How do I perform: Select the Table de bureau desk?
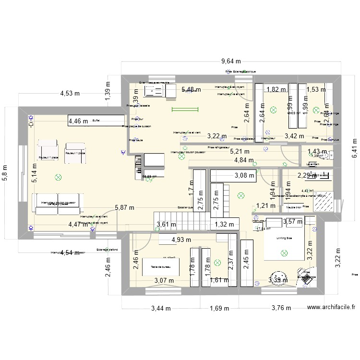pyautogui.click(x=161, y=267)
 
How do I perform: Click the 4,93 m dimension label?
pyautogui.click(x=181, y=240)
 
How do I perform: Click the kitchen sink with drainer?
pyautogui.click(x=155, y=92)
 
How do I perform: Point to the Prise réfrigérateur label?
pyautogui.click(x=219, y=148)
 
